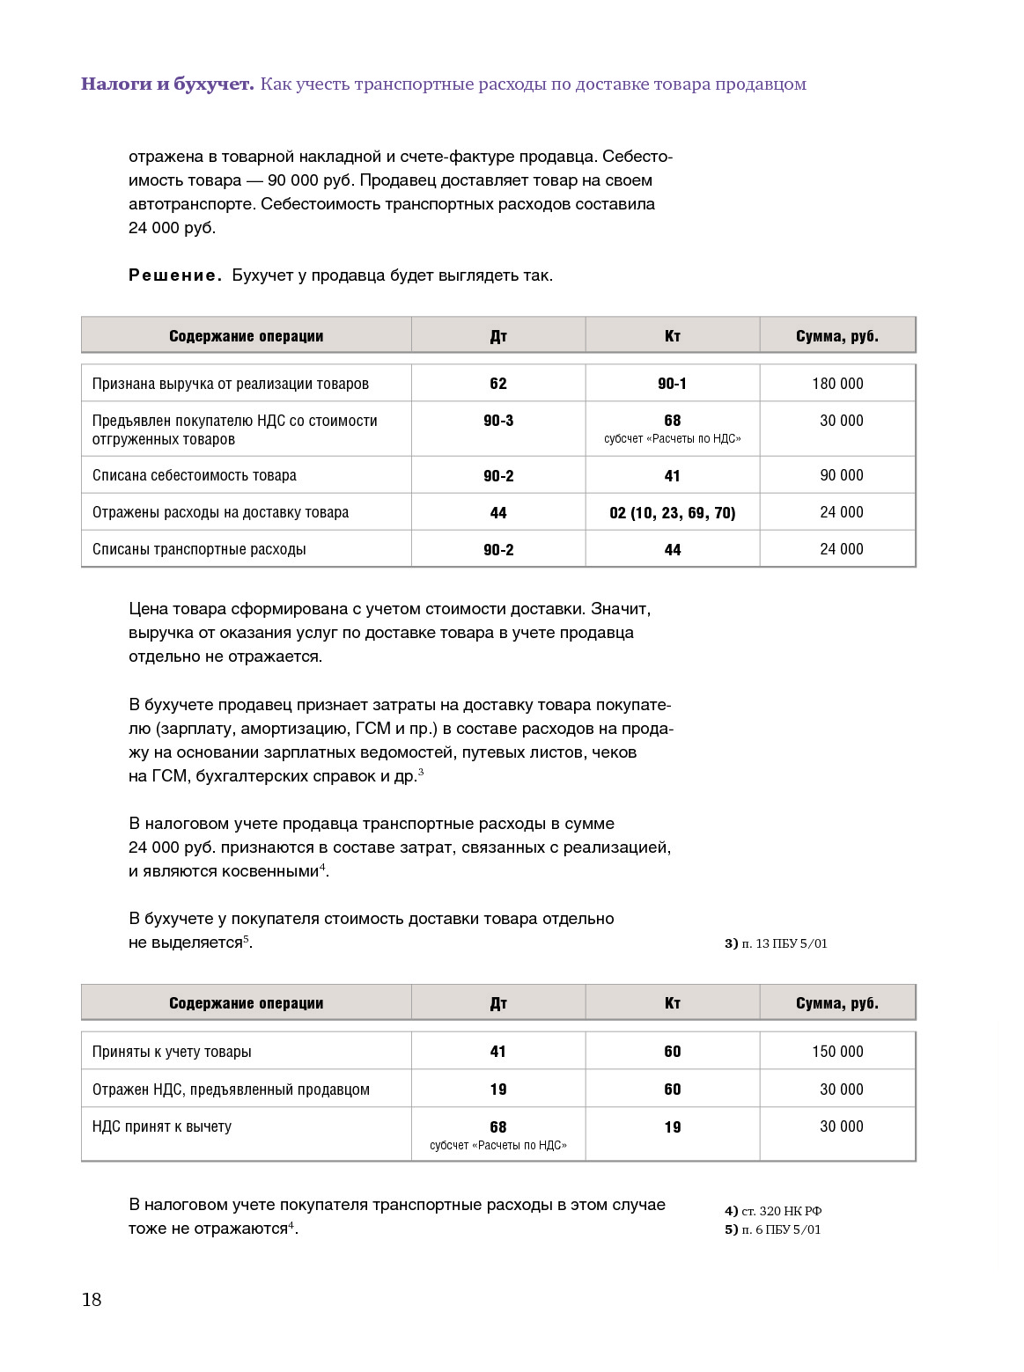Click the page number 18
click(x=92, y=1300)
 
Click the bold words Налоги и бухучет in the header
click(x=167, y=84)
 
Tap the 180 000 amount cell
click(x=837, y=384)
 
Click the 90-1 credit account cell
click(x=672, y=384)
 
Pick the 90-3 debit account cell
click(x=498, y=421)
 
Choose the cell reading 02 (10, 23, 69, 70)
click(x=672, y=512)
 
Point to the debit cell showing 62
click(x=498, y=384)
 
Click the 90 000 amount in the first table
click(x=841, y=475)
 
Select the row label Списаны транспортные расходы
click(x=199, y=549)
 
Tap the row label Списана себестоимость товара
click(x=194, y=475)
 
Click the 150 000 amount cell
click(x=837, y=1052)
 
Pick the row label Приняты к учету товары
click(x=172, y=1052)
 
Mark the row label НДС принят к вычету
click(x=162, y=1126)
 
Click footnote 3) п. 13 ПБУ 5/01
click(x=776, y=943)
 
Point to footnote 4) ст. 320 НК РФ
click(x=773, y=1211)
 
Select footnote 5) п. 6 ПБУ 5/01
click(x=772, y=1229)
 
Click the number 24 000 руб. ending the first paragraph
click(x=172, y=228)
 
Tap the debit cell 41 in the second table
click(x=498, y=1052)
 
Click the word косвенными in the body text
click(x=267, y=871)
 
